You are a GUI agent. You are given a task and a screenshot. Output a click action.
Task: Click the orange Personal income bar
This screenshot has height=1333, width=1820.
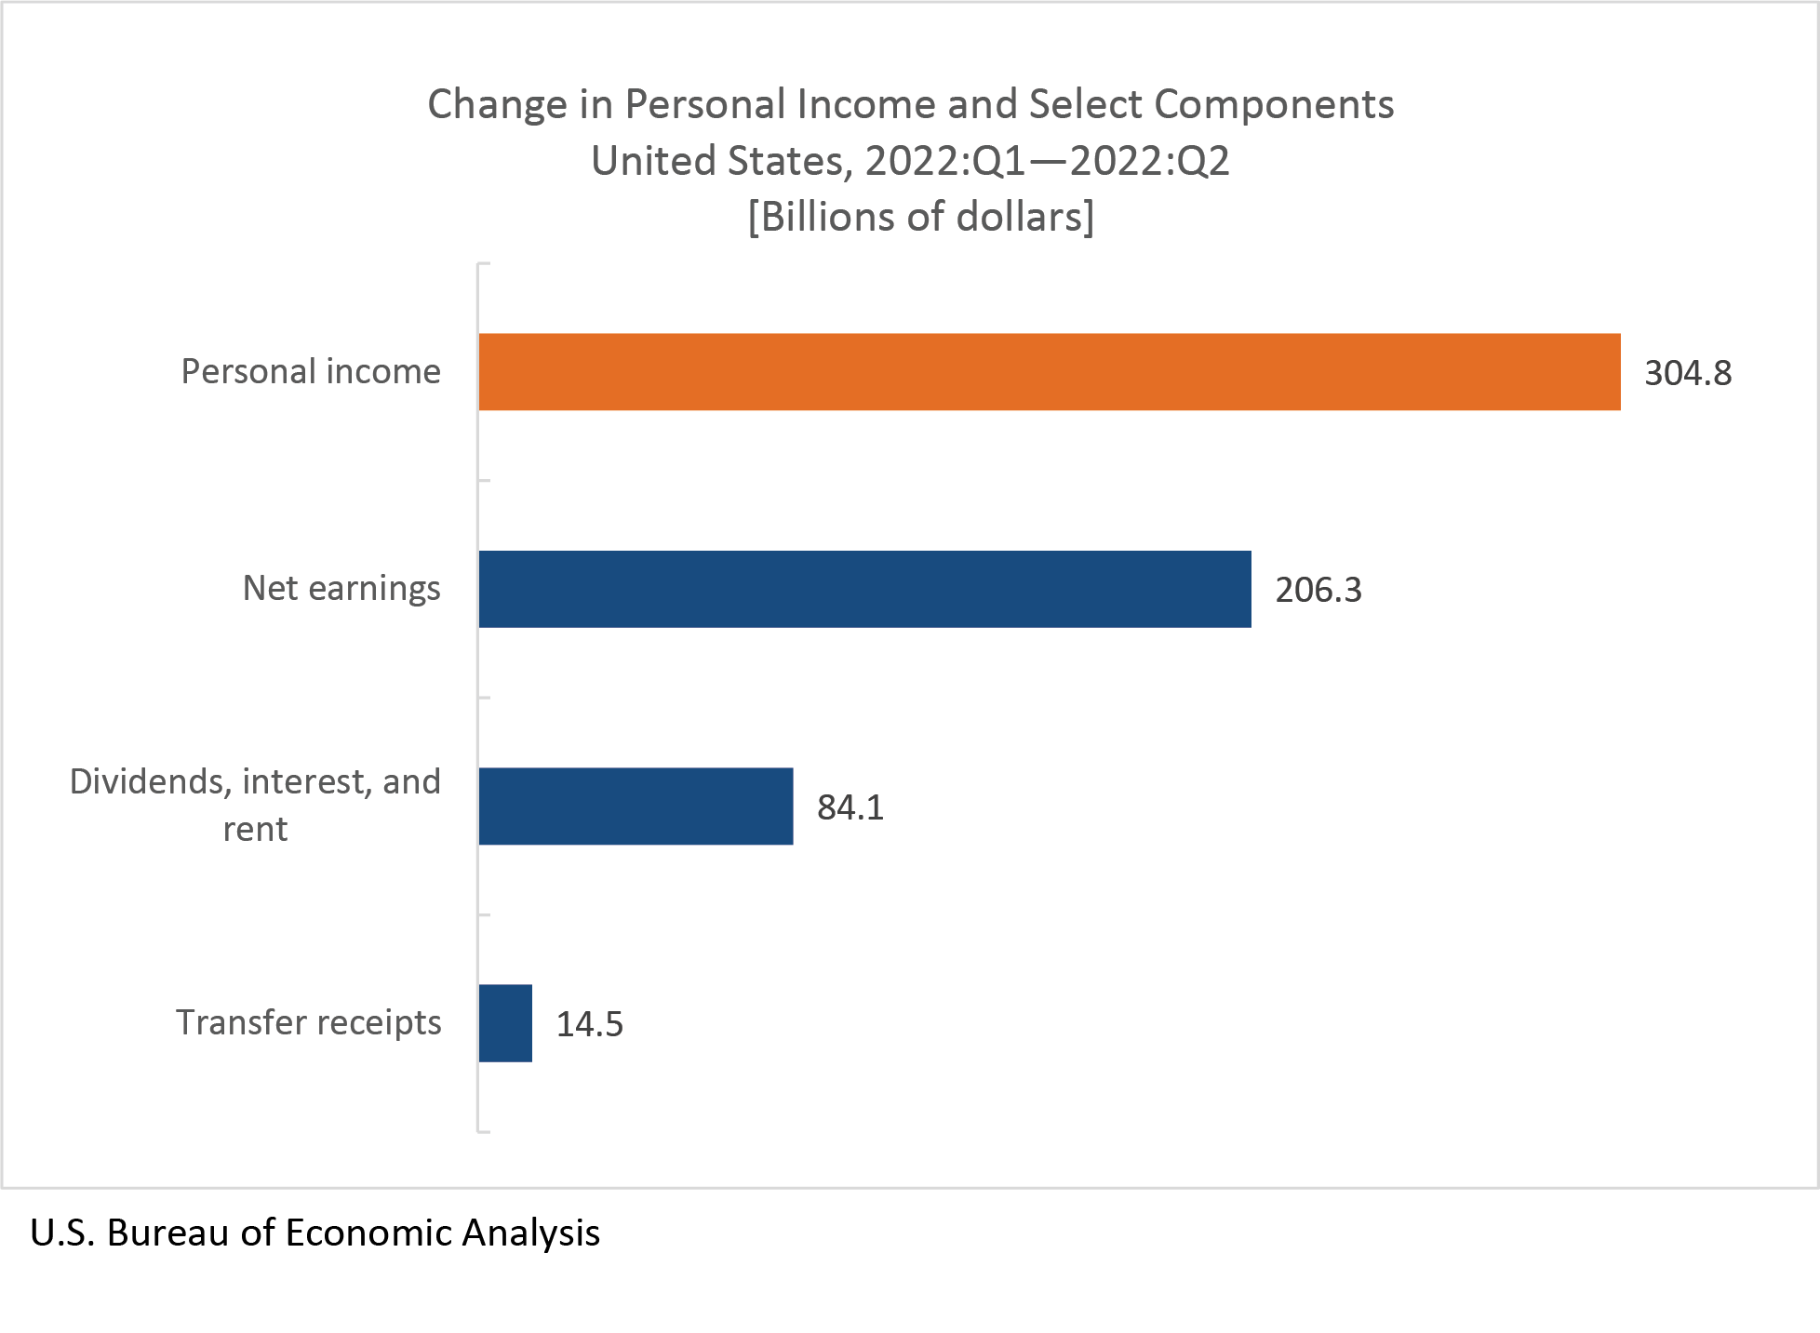coord(1049,372)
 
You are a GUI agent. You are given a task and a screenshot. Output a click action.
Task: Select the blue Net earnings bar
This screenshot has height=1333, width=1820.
coord(864,589)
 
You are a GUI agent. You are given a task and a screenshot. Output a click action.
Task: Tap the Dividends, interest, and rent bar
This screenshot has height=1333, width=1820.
coord(636,806)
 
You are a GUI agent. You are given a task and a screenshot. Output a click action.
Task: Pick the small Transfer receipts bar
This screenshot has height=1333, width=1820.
coord(505,1023)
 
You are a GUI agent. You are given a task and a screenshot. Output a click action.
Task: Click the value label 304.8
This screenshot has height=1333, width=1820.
coord(1688,373)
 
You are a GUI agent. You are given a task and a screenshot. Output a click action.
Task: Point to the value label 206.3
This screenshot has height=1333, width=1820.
coord(1318,590)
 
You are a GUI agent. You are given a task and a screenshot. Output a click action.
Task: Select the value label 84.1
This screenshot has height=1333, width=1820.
coord(850,807)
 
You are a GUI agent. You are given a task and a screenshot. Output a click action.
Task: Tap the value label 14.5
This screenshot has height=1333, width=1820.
coord(590,1024)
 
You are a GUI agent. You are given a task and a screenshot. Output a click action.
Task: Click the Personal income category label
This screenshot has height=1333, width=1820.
coord(311,371)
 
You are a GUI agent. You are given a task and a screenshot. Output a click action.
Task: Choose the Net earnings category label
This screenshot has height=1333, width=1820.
coord(341,588)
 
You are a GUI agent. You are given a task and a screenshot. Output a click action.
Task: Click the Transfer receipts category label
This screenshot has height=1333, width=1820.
coord(309,1022)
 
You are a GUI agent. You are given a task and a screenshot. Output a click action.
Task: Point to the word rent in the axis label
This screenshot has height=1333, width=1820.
coord(255,829)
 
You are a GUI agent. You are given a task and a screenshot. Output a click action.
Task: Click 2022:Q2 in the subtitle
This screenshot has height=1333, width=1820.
coord(1149,161)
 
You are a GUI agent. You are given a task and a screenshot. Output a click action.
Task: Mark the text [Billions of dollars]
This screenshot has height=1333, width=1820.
coord(921,217)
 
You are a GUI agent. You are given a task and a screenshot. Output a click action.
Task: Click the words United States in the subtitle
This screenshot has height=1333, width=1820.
coord(717,161)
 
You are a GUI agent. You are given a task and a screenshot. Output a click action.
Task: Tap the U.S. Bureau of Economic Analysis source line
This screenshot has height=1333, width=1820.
coord(314,1233)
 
